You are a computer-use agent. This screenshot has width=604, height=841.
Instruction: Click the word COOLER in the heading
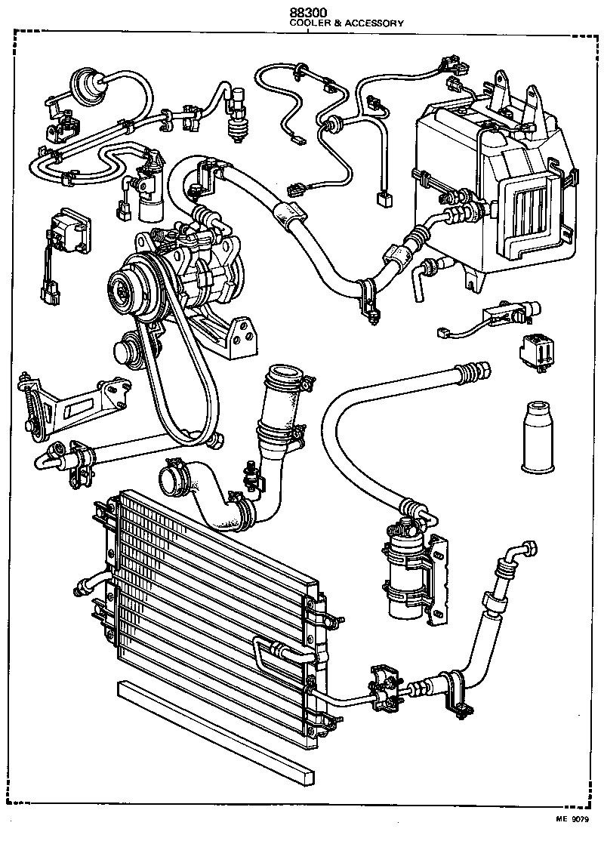point(308,23)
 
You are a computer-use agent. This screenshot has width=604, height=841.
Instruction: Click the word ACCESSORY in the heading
point(373,23)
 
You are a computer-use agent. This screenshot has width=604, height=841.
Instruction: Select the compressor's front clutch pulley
point(123,287)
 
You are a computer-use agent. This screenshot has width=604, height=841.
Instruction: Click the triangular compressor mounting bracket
point(226,332)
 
